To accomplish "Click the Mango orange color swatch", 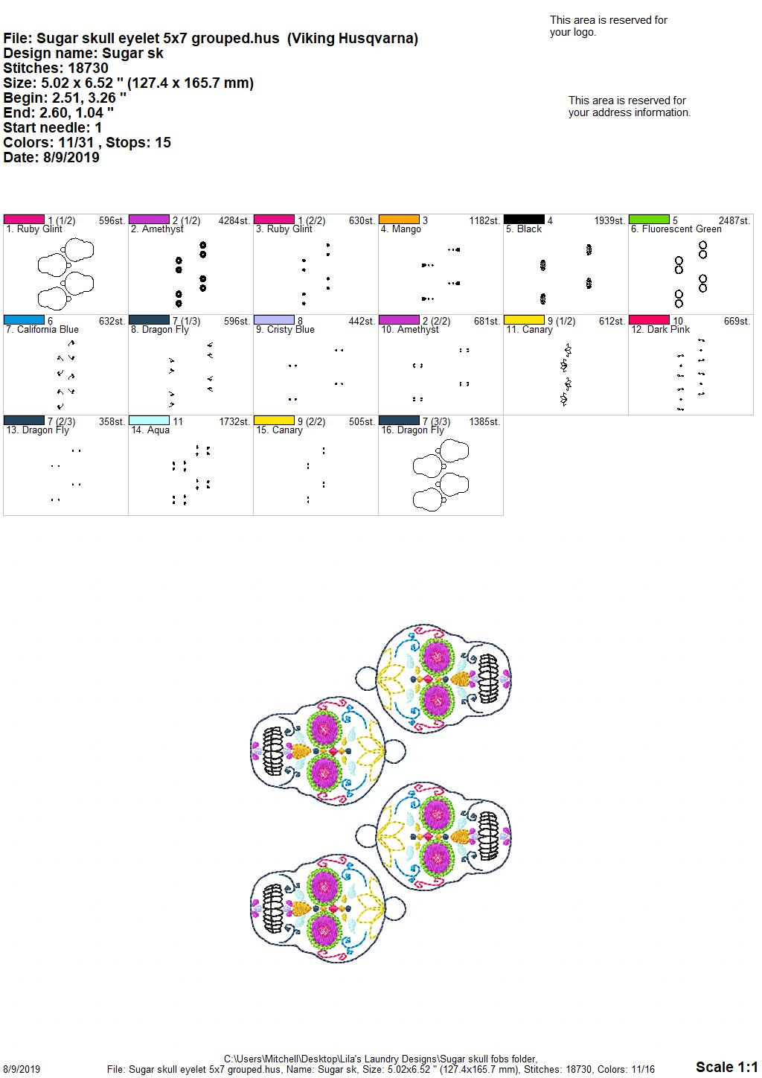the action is click(399, 220).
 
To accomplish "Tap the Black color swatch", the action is click(524, 220).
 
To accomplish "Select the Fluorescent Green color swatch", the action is click(649, 220).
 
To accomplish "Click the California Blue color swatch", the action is click(24, 319).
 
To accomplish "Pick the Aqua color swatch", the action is click(149, 420).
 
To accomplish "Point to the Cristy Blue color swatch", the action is click(274, 319).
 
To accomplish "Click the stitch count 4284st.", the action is click(234, 221).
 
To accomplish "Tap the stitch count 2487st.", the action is click(734, 221).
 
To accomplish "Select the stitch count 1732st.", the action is click(234, 422).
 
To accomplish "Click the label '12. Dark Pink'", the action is click(661, 330).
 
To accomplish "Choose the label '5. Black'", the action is click(524, 229).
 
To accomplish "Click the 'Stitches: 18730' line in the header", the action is click(56, 68).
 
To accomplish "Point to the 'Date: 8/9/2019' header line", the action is click(51, 157).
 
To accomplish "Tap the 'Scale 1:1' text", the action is click(727, 1067).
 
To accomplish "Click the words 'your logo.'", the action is click(573, 33).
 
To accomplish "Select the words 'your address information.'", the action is click(630, 112).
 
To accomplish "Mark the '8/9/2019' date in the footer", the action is click(21, 1069).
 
